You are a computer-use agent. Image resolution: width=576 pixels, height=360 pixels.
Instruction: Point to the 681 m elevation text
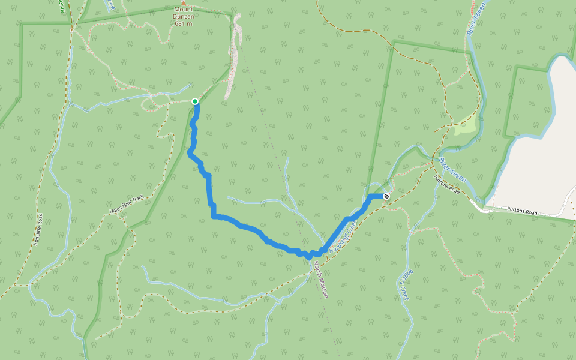tap(184, 23)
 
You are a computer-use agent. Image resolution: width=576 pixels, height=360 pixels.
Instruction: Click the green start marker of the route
tap(195, 101)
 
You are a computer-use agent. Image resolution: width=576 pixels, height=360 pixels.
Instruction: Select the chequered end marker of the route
tap(386, 196)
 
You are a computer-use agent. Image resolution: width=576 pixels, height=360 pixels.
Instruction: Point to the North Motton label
tap(322, 280)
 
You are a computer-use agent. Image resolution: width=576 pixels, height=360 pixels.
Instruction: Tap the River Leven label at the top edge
tap(475, 18)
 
